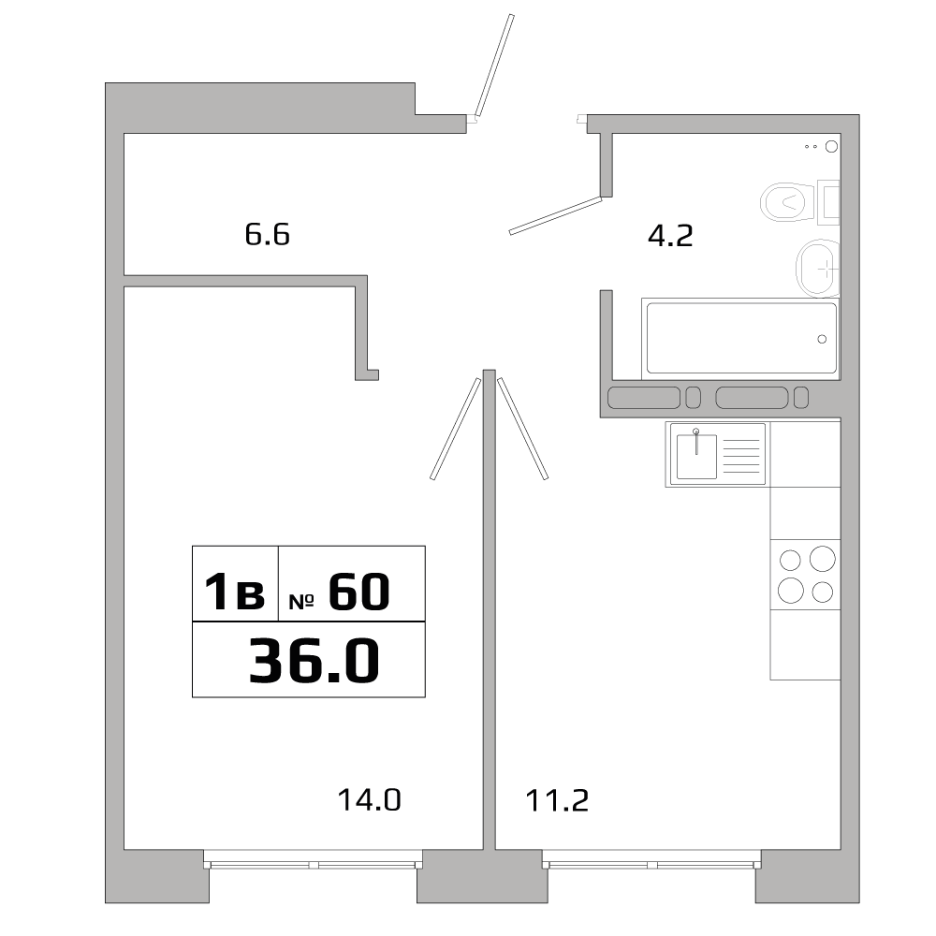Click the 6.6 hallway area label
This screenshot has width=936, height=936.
[268, 234]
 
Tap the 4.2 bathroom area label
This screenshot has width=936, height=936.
[670, 235]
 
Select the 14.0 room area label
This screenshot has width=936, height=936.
[369, 800]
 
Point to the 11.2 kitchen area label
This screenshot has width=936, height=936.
[556, 800]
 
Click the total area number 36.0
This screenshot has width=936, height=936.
[314, 661]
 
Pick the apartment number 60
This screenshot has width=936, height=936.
[358, 592]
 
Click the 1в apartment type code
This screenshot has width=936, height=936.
[235, 593]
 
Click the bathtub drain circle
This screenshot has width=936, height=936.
[822, 339]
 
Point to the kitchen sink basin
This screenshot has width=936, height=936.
[696, 456]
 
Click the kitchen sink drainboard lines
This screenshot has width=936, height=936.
[743, 455]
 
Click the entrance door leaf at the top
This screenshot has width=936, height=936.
[493, 66]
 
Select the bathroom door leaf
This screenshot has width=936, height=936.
[554, 215]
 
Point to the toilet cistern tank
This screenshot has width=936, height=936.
[828, 200]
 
